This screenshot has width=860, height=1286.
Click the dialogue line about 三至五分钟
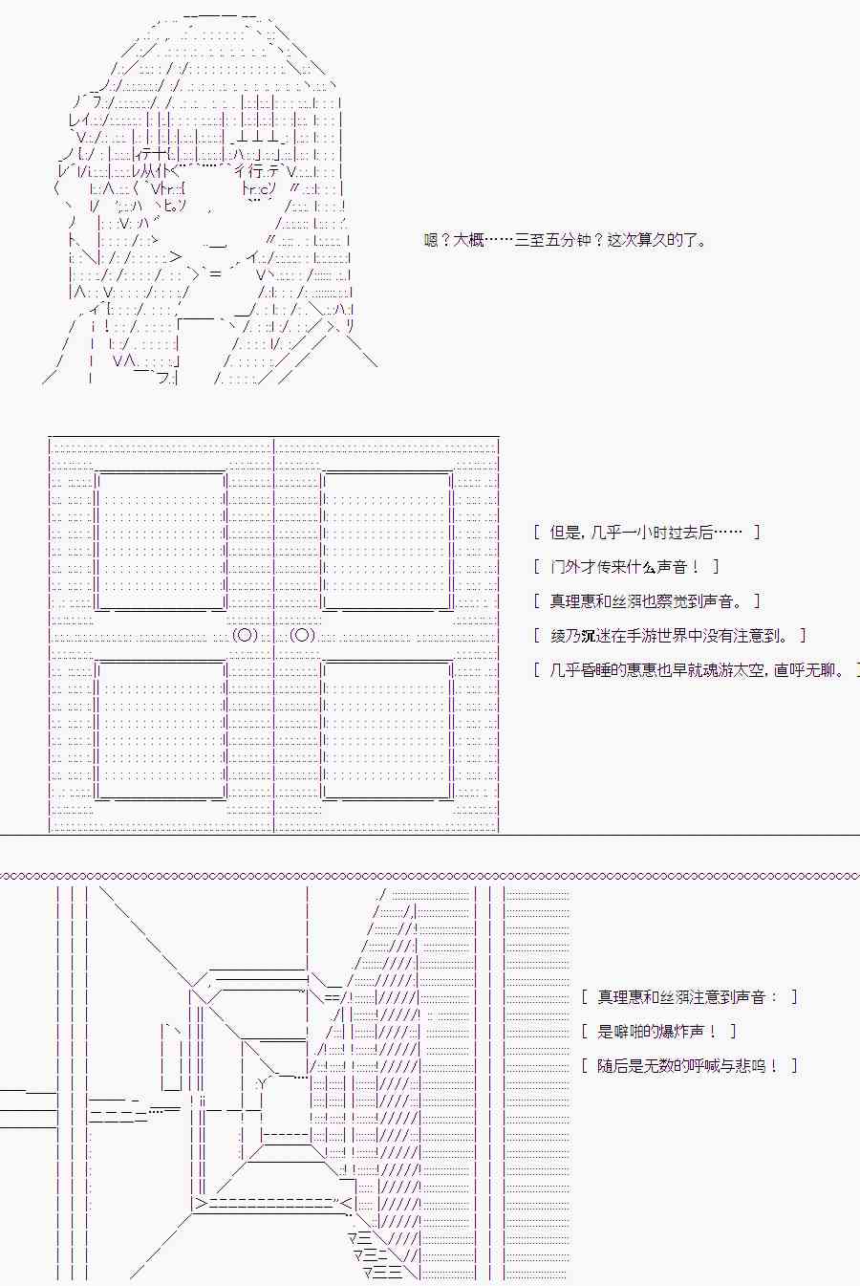point(566,240)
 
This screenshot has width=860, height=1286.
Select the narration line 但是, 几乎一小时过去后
point(647,533)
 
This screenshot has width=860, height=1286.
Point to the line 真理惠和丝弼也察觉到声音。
point(647,601)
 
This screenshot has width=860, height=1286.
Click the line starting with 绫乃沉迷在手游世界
point(669,636)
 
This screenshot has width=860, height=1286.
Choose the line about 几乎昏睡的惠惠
point(696,670)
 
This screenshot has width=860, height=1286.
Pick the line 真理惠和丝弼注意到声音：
point(688,997)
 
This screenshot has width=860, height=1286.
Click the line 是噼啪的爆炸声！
point(659,1032)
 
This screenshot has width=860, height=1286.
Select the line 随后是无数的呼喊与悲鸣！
point(688,1066)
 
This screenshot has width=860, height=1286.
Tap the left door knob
point(246,636)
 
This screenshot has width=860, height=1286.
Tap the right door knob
point(303,636)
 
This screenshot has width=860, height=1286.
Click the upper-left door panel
point(161,539)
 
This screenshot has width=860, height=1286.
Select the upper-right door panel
point(388,539)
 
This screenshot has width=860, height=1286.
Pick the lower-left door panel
point(161,730)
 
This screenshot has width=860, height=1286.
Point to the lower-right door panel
point(388,730)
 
